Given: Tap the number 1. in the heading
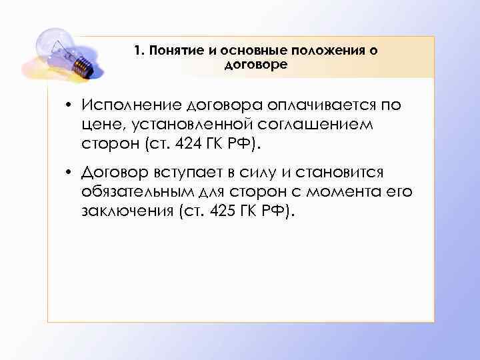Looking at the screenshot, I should [x=138, y=51].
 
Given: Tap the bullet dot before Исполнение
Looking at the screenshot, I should [x=69, y=107].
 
